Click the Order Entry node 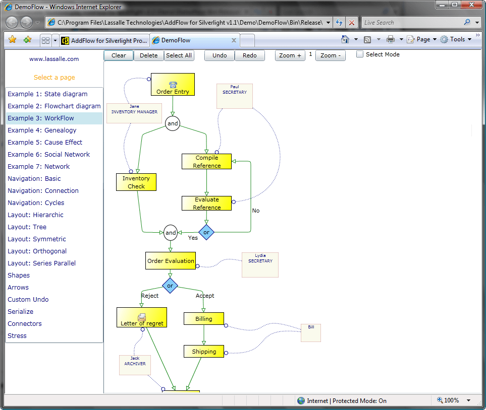pyautogui.click(x=173, y=85)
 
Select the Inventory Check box pyautogui.click(x=136, y=182)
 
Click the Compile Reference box pyautogui.click(x=206, y=162)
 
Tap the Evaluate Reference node pyautogui.click(x=206, y=203)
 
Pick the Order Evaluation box pyautogui.click(x=171, y=261)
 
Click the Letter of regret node pyautogui.click(x=142, y=318)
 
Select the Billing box pyautogui.click(x=203, y=319)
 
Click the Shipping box pyautogui.click(x=203, y=352)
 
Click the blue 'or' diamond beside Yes pyautogui.click(x=206, y=232)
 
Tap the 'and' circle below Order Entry pyautogui.click(x=173, y=123)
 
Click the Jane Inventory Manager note pyautogui.click(x=134, y=113)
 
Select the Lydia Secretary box pyautogui.click(x=260, y=265)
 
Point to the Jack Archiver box pyautogui.click(x=135, y=365)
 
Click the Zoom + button pyautogui.click(x=290, y=55)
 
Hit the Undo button pyautogui.click(x=220, y=55)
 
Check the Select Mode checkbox pyautogui.click(x=360, y=54)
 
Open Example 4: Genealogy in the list pyautogui.click(x=42, y=130)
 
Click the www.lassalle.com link pyautogui.click(x=54, y=59)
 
